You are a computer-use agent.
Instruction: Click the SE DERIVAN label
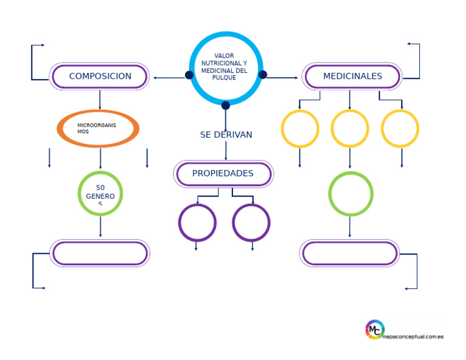226,135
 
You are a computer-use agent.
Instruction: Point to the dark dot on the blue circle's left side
189,75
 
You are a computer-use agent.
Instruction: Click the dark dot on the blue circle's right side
263,75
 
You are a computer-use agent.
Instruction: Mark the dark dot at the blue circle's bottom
226,105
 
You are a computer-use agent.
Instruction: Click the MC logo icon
375,330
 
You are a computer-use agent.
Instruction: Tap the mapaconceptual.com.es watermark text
413,336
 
